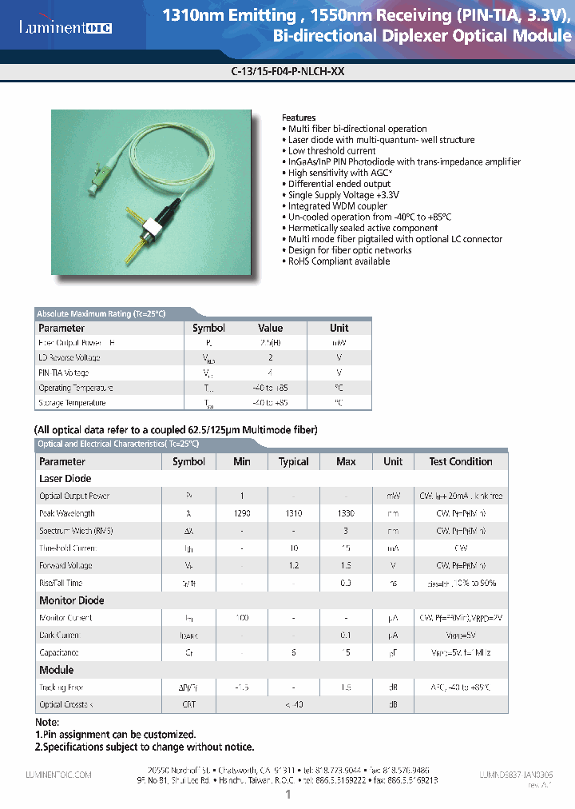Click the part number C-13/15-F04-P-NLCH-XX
coord(287,70)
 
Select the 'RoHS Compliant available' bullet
coord(339,261)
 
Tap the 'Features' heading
coord(299,118)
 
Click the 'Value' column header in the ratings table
coord(271,328)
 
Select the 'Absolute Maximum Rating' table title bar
coord(101,313)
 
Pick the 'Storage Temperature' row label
coord(72,403)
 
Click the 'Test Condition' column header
coord(460,461)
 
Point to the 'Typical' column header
coord(293,461)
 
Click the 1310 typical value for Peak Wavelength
coord(293,513)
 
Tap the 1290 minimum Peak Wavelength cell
coord(242,513)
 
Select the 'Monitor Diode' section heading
coord(71,600)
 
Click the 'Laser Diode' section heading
coord(65,479)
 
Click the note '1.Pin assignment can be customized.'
coord(115,734)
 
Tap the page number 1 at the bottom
coord(287,795)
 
